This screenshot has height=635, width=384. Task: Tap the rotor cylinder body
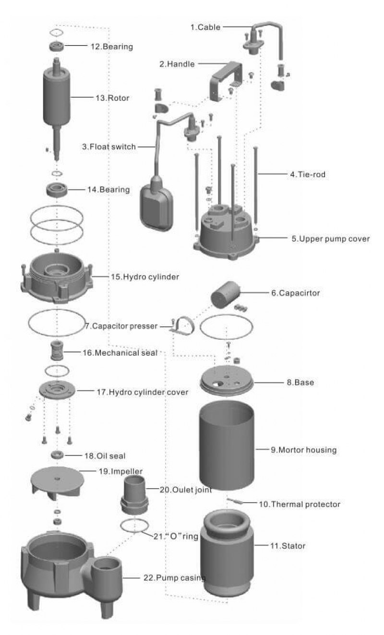(x=57, y=96)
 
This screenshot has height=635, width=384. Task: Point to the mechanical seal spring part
(x=57, y=352)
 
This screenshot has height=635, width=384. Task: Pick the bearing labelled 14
(x=57, y=189)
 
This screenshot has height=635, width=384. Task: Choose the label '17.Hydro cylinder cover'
(x=143, y=392)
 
